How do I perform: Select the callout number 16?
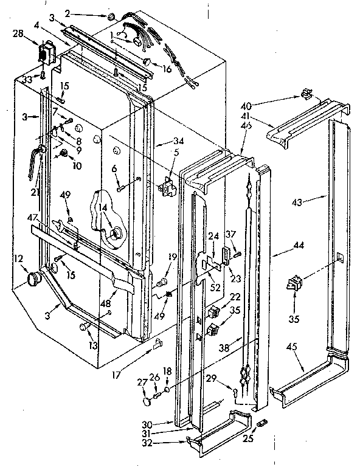coord(166,69)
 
